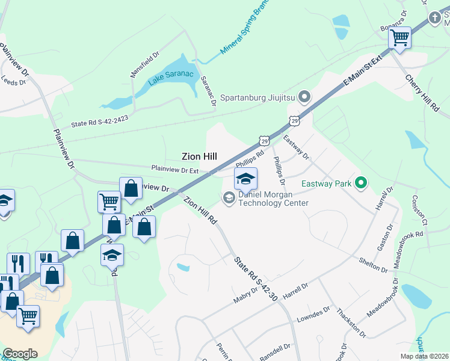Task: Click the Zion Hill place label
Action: [x=199, y=156]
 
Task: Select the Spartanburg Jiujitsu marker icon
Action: [x=304, y=96]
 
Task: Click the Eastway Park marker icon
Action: [x=361, y=182]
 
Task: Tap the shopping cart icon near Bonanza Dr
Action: [x=399, y=38]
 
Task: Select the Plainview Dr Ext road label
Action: [x=174, y=169]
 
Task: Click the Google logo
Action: [x=20, y=354]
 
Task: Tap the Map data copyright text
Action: [x=424, y=356]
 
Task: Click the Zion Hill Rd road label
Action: [x=200, y=210]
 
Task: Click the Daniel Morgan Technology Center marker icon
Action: [x=229, y=197]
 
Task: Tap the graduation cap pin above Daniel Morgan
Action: [x=245, y=179]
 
